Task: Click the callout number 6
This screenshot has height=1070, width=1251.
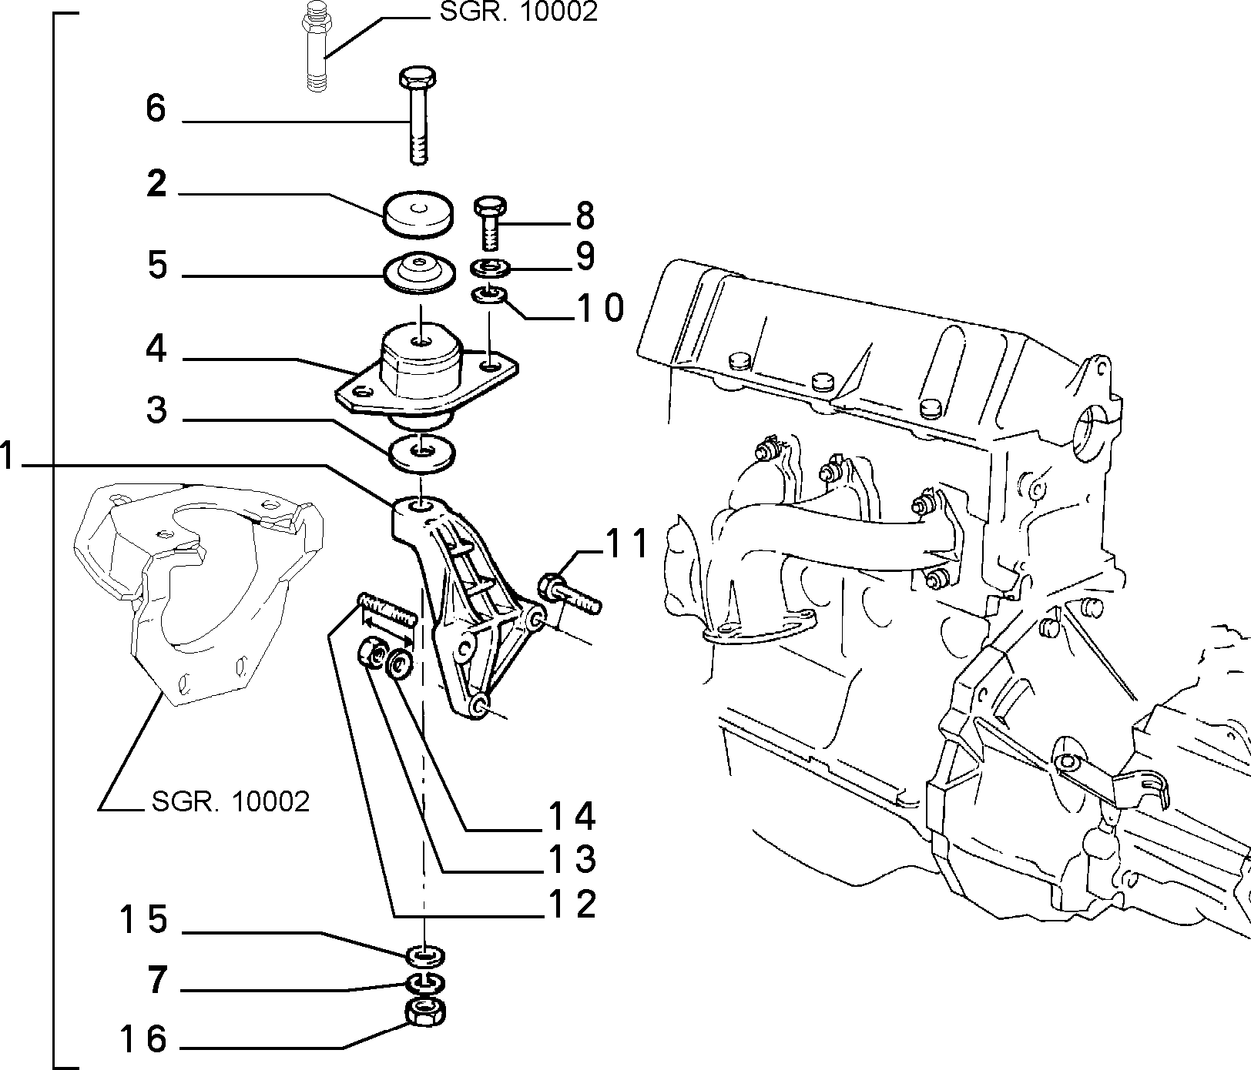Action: tap(156, 109)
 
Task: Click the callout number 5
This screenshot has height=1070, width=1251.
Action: tap(156, 266)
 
